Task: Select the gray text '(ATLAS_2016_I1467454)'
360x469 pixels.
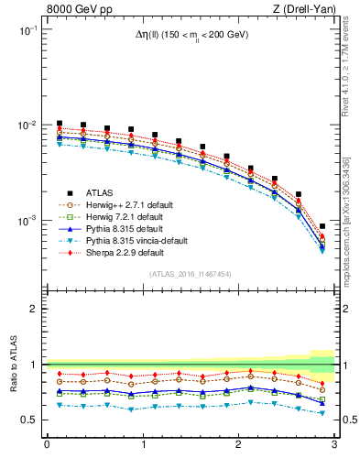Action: (x=191, y=274)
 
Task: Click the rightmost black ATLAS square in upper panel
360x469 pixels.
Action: (x=322, y=226)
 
